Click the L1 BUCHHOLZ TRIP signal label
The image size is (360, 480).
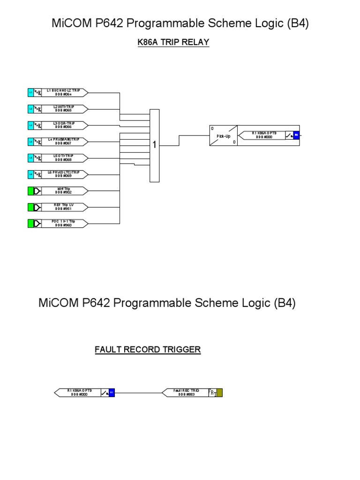(64, 92)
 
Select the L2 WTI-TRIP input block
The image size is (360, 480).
(64, 109)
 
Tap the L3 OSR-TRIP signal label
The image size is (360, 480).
(64, 125)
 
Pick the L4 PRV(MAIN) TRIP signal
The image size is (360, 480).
(64, 142)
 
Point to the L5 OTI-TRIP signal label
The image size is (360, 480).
(64, 158)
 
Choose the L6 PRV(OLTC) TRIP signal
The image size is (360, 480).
(64, 174)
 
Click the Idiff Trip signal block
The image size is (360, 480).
(64, 191)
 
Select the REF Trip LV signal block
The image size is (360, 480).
(64, 207)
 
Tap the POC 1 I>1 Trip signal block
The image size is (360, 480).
(64, 223)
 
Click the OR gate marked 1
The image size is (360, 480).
(154, 145)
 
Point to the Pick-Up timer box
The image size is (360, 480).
(223, 136)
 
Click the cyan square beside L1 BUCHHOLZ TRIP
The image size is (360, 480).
(31, 92)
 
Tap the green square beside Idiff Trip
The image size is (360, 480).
(31, 191)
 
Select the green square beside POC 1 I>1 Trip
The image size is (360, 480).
(31, 223)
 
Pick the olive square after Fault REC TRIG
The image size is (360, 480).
(219, 393)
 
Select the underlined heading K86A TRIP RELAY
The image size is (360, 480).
(173, 43)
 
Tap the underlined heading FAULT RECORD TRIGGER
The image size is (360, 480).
(148, 350)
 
